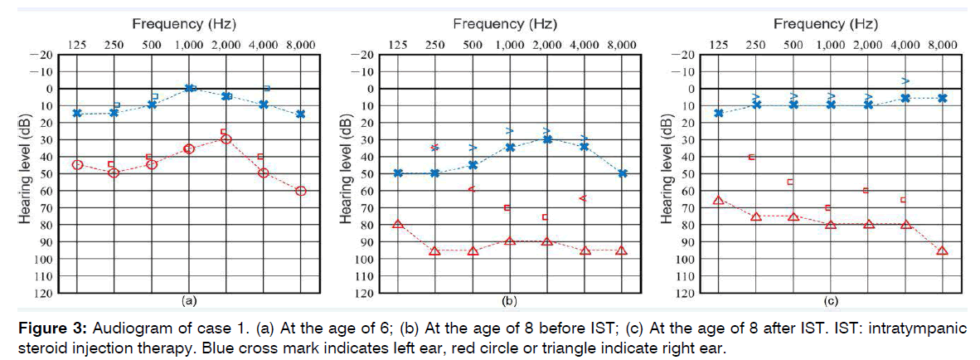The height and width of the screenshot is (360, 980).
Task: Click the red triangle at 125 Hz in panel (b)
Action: pos(398,224)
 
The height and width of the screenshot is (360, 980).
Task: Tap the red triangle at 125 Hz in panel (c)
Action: pos(718,200)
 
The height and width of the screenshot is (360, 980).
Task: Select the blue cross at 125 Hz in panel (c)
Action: pos(718,113)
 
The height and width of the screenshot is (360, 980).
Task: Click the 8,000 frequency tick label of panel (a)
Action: pos(300,44)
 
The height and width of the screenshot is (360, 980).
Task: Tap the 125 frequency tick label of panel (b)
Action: pos(398,44)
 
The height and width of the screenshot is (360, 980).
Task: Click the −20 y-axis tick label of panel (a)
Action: pos(41,55)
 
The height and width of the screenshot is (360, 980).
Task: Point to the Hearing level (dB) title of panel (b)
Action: pos(346,173)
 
